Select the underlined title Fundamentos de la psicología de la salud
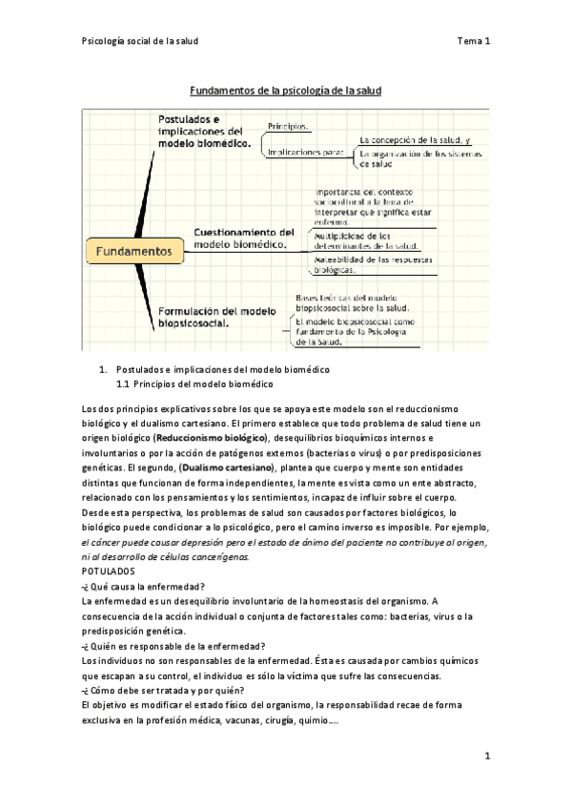(285, 91)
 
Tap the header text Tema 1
(474, 41)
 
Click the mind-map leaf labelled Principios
(291, 125)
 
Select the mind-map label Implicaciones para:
(305, 151)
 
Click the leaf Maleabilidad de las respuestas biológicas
(373, 265)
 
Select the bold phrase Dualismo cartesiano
(227, 468)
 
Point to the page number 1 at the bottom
(486, 757)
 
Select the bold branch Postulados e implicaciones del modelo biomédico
(206, 131)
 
